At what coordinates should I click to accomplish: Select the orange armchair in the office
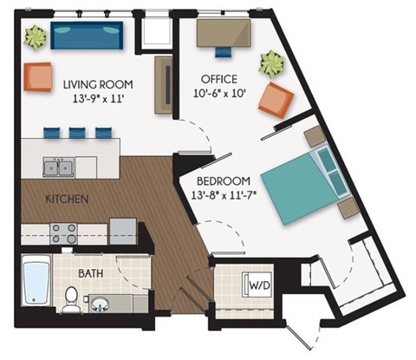pyautogui.click(x=276, y=100)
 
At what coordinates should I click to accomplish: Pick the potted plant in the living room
pyautogui.click(x=36, y=36)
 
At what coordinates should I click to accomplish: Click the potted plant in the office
pyautogui.click(x=272, y=63)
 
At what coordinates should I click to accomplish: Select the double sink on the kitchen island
pyautogui.click(x=60, y=165)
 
